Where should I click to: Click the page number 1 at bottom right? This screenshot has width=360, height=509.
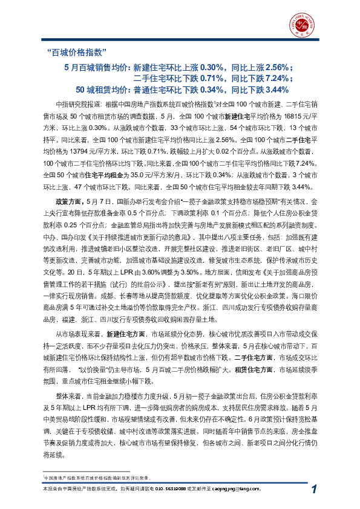315,489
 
